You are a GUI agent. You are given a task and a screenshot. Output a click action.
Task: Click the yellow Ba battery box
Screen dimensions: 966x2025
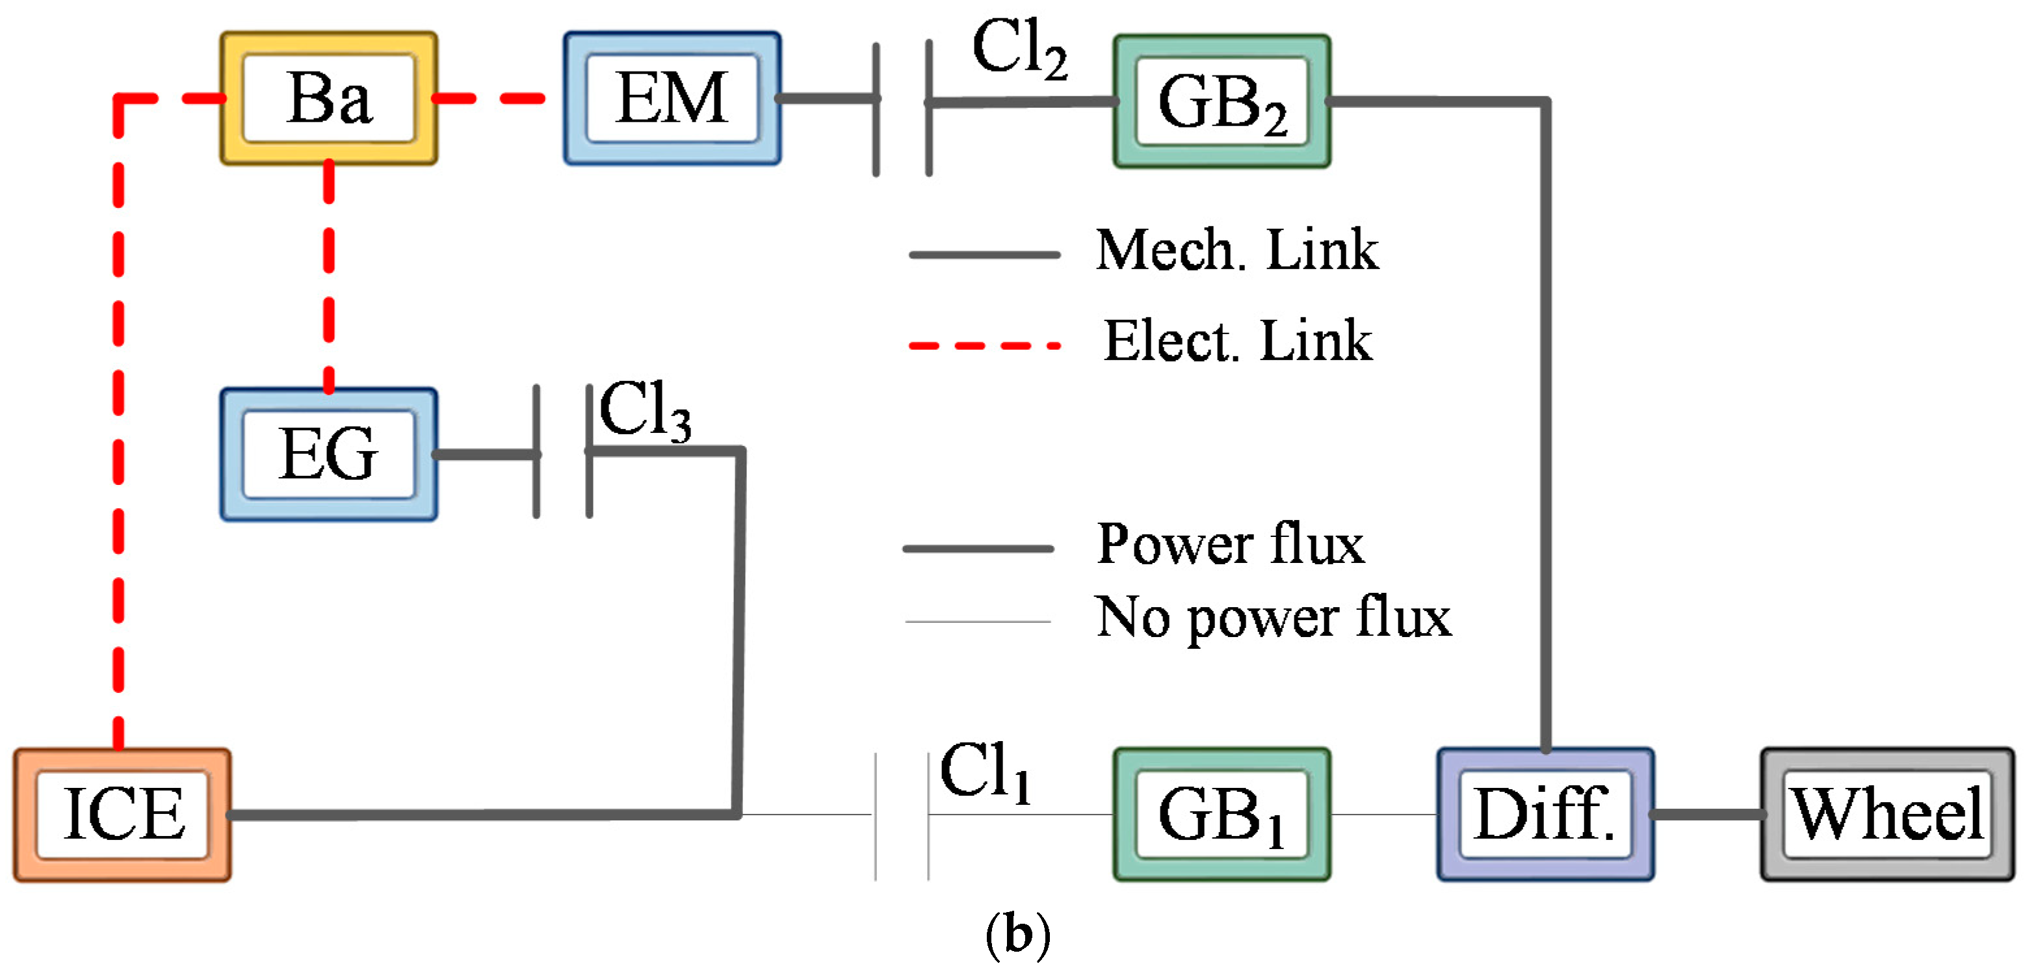pos(328,98)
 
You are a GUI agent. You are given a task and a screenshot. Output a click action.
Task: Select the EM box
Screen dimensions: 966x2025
pos(672,98)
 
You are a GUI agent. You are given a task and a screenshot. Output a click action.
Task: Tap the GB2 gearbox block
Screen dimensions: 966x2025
pos(1222,101)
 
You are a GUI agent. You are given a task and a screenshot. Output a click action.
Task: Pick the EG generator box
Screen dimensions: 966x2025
pos(328,454)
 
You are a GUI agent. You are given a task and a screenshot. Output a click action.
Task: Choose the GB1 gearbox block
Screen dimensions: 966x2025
pos(1222,815)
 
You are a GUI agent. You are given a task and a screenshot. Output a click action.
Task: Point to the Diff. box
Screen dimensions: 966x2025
pos(1545,815)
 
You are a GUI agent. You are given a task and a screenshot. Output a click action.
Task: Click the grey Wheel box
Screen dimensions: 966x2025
pos(1887,815)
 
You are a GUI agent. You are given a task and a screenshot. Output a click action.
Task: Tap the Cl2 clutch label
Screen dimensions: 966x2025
pos(1019,49)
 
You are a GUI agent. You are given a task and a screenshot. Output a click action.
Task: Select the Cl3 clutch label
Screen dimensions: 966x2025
pos(645,410)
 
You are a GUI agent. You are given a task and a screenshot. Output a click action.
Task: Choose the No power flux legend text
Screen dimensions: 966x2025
pos(1273,617)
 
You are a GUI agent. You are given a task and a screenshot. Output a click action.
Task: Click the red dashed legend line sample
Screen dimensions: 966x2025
pos(984,345)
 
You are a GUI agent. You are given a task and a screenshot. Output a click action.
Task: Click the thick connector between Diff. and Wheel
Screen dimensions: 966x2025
pos(1706,815)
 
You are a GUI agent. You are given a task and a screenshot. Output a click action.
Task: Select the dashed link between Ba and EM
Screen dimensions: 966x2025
pos(488,98)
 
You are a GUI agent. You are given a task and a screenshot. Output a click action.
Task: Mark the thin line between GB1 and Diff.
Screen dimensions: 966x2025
pos(1383,815)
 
